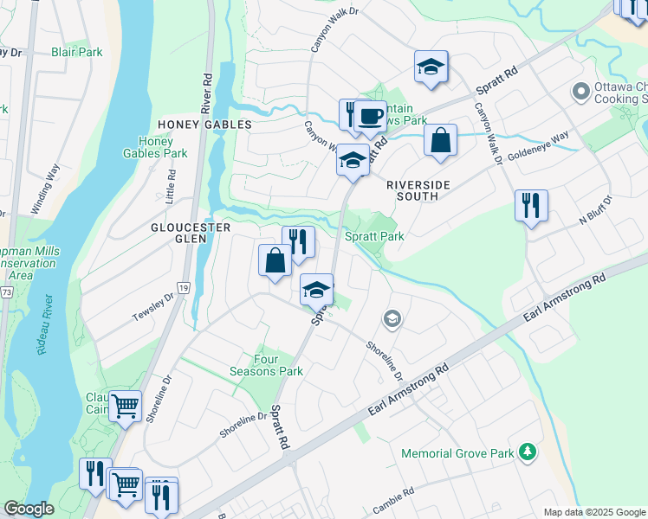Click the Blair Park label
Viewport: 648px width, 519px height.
(x=76, y=52)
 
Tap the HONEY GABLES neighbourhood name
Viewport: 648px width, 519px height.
(x=204, y=125)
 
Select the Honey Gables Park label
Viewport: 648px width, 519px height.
(x=162, y=147)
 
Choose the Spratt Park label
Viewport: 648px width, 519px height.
(x=374, y=235)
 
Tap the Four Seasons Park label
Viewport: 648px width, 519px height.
(x=278, y=364)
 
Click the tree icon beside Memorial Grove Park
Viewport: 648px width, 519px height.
(x=526, y=452)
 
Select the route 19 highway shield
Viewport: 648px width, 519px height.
(x=184, y=286)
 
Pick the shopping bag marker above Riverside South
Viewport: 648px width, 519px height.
(x=440, y=139)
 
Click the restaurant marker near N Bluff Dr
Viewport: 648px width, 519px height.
(x=530, y=205)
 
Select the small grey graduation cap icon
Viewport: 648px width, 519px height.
(x=392, y=320)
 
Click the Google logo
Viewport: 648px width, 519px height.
(x=29, y=509)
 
